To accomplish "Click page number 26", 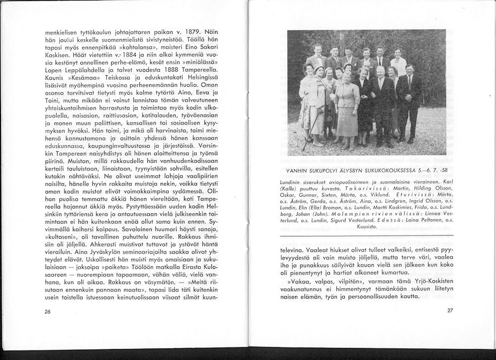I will [48, 311].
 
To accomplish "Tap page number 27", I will [450, 310].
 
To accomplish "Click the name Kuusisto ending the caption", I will [367, 226].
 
